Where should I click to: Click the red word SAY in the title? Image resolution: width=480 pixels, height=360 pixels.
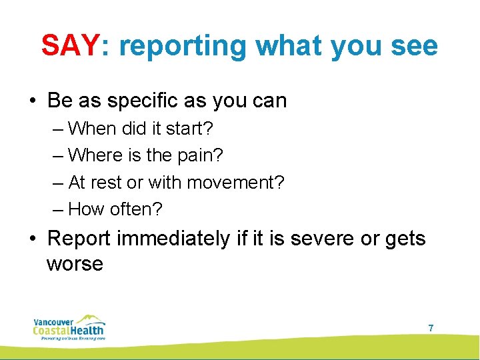click(x=69, y=45)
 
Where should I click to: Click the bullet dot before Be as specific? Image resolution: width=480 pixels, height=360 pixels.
click(x=33, y=101)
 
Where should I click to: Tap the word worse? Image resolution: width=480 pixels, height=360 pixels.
click(x=75, y=263)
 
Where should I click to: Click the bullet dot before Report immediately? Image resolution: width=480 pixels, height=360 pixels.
click(x=33, y=239)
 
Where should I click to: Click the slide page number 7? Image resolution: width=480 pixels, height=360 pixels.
click(x=431, y=328)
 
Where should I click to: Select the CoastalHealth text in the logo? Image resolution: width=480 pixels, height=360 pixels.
click(x=69, y=329)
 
